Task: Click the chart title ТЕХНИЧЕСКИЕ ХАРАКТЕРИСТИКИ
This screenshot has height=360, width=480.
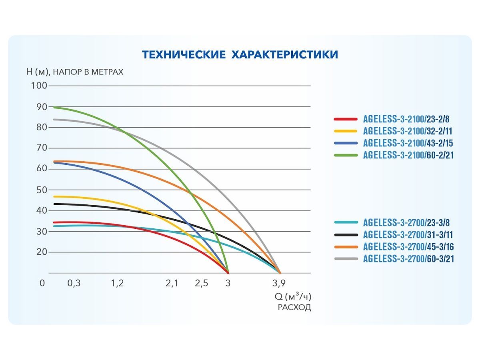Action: [x=240, y=54]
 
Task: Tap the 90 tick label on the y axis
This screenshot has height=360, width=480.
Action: [x=42, y=107]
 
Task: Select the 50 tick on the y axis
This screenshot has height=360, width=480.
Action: [x=42, y=190]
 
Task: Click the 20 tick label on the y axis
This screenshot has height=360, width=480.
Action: [x=42, y=252]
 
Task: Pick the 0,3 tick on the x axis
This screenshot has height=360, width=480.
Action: [x=74, y=283]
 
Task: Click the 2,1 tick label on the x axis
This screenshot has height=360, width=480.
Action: [x=172, y=283]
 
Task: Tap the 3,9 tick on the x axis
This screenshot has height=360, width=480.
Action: [x=279, y=283]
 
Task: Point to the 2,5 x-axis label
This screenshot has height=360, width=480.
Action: [x=202, y=283]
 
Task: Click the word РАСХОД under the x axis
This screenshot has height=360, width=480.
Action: [x=294, y=308]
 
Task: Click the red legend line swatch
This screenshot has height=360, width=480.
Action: [x=345, y=119]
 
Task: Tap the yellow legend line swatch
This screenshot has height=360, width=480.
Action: [x=345, y=131]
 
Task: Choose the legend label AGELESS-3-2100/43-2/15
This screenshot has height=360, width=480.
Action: [x=408, y=143]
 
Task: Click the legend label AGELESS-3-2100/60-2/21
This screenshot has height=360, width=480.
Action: [x=408, y=155]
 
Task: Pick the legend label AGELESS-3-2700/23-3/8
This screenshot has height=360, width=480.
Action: [x=406, y=223]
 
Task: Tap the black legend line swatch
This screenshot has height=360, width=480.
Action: [x=345, y=235]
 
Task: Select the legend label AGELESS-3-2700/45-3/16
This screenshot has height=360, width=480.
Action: [x=408, y=247]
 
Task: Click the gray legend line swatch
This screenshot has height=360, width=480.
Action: [x=345, y=259]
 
